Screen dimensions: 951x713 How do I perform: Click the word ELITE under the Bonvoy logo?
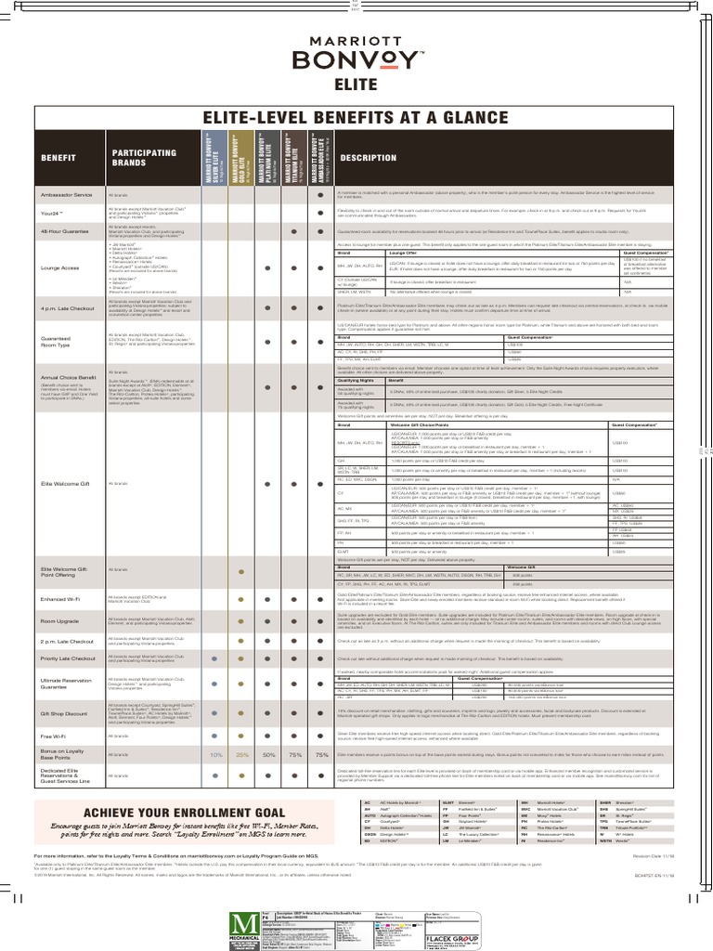(356, 86)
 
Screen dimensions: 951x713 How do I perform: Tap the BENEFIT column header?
(58, 159)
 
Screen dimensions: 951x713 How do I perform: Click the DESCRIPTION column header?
(368, 158)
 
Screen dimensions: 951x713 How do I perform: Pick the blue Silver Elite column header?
(214, 159)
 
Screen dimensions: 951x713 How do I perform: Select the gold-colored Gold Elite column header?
(241, 159)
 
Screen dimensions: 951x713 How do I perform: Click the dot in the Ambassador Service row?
(321, 196)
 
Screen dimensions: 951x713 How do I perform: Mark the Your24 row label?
(54, 213)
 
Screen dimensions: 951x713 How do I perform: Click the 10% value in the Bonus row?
(216, 755)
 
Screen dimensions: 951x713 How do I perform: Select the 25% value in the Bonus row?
(242, 755)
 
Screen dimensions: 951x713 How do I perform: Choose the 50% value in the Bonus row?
(268, 755)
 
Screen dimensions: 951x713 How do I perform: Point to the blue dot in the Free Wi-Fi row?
(215, 736)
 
